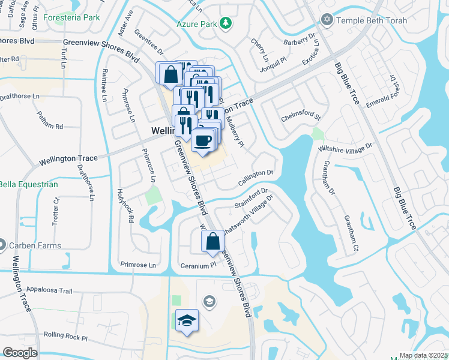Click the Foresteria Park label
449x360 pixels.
[x=75, y=17]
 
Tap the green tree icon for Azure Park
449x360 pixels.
[x=226, y=23]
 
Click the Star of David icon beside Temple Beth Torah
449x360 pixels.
[x=327, y=20]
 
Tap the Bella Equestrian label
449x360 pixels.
[x=28, y=184]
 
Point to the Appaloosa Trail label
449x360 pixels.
[x=49, y=291]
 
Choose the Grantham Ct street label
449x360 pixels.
[x=351, y=234]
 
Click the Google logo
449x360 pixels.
[x=20, y=353]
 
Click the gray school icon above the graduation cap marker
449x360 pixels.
[x=209, y=300]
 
